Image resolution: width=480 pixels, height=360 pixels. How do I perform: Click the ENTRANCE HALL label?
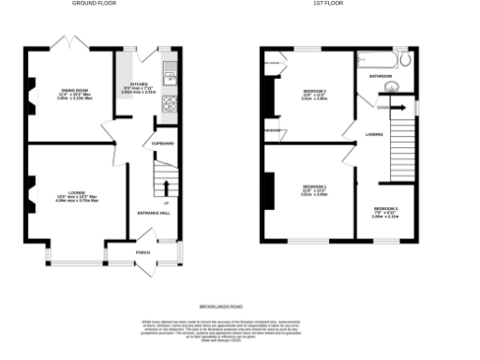point(154,214)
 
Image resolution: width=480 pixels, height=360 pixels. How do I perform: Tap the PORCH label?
point(144,250)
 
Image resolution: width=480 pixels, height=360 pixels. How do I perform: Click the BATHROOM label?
point(381,75)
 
